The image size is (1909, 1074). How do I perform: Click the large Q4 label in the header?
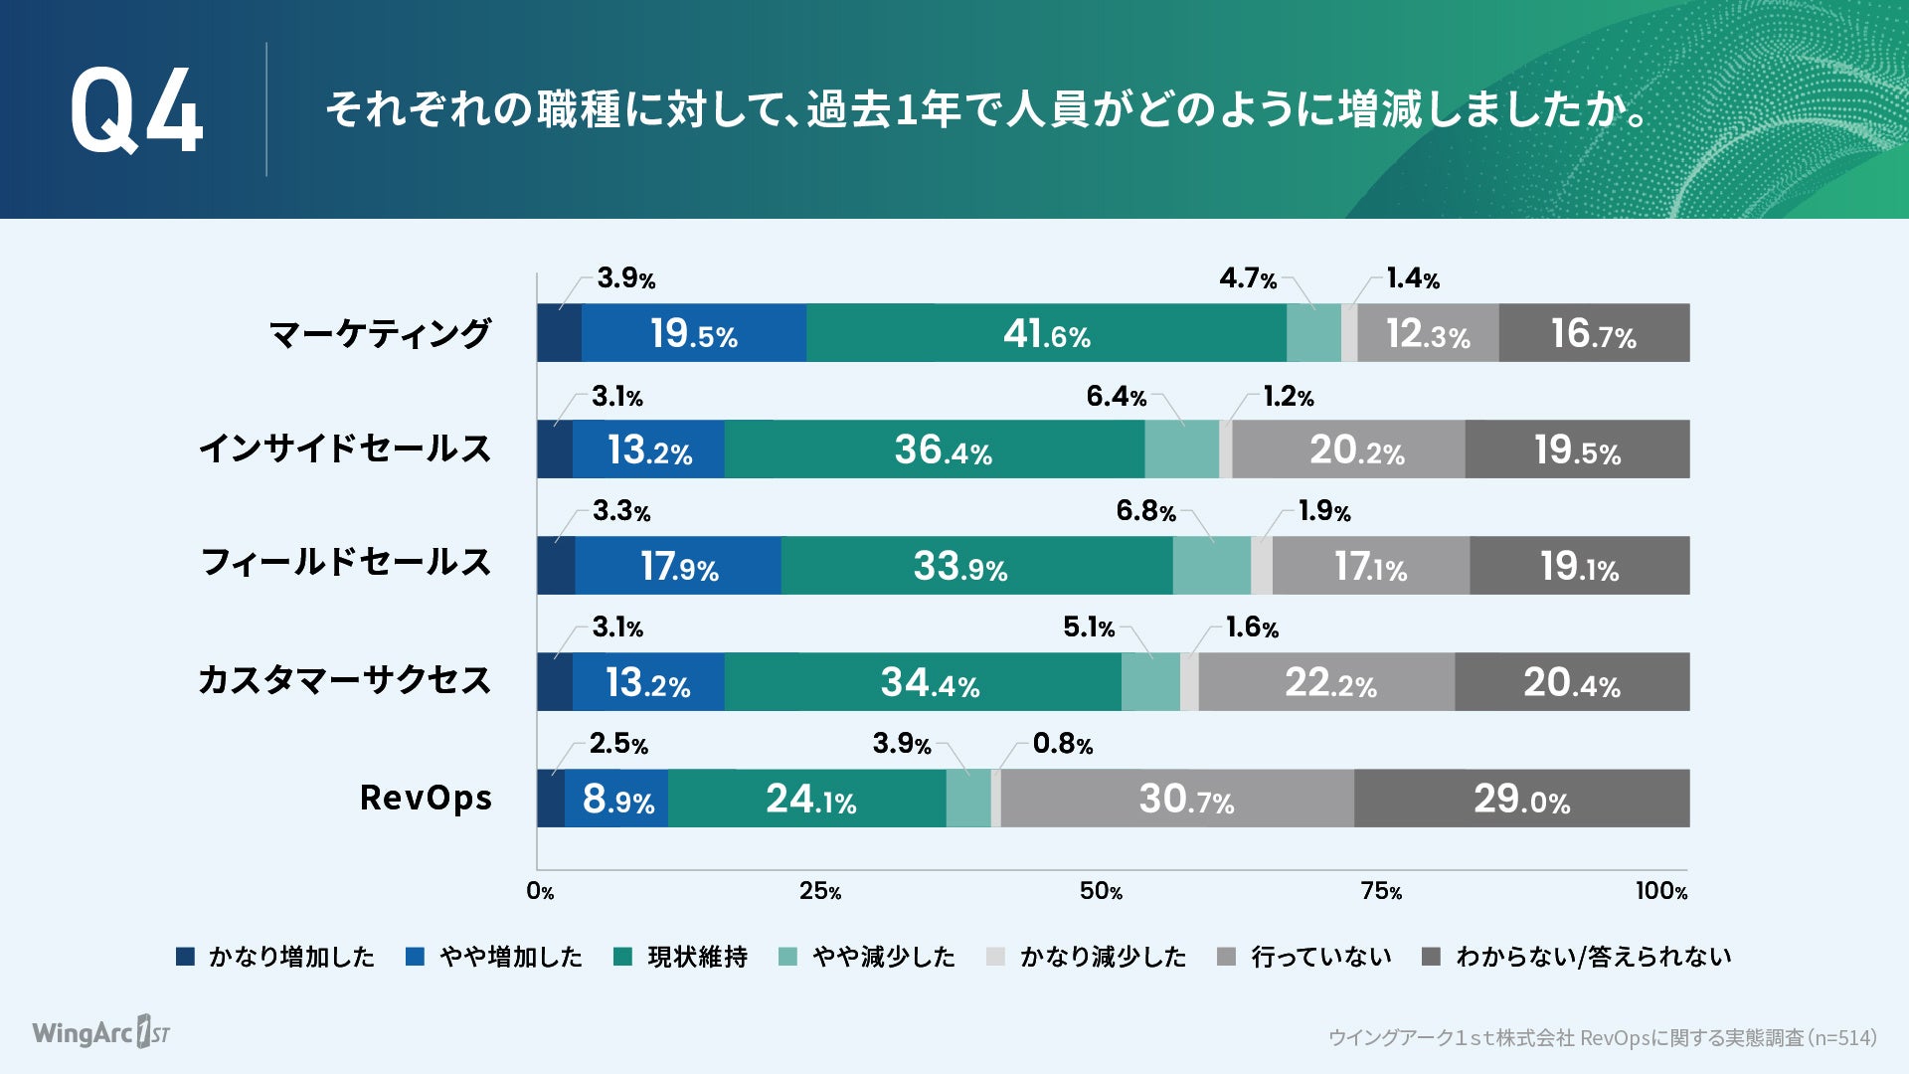(x=136, y=111)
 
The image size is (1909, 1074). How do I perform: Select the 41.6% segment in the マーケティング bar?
(x=1046, y=333)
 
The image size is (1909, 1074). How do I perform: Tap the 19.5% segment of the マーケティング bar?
(x=693, y=333)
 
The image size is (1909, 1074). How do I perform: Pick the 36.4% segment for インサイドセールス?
(x=943, y=449)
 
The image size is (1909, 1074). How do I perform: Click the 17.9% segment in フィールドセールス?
(x=678, y=566)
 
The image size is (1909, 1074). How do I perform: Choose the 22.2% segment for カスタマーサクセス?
(x=1329, y=682)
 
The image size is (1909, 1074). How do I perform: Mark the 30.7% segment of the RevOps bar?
(x=1185, y=799)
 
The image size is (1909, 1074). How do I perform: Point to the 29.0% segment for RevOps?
(x=1521, y=799)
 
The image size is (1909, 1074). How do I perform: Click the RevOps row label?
(x=426, y=798)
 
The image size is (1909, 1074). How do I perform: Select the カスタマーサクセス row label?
(x=344, y=681)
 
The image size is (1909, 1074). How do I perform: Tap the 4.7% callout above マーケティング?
(x=1248, y=278)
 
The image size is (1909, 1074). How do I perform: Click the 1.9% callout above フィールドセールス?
(x=1324, y=511)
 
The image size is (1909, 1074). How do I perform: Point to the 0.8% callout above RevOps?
(x=1062, y=744)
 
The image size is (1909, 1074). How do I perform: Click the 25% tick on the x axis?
(x=820, y=891)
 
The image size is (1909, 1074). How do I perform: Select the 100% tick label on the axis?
(x=1661, y=891)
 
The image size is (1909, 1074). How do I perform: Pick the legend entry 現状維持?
(x=697, y=957)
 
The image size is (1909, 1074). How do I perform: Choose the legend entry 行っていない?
(x=1319, y=957)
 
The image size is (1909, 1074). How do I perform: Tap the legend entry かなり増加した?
(x=290, y=957)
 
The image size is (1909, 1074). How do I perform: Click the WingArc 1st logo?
(x=100, y=1032)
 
